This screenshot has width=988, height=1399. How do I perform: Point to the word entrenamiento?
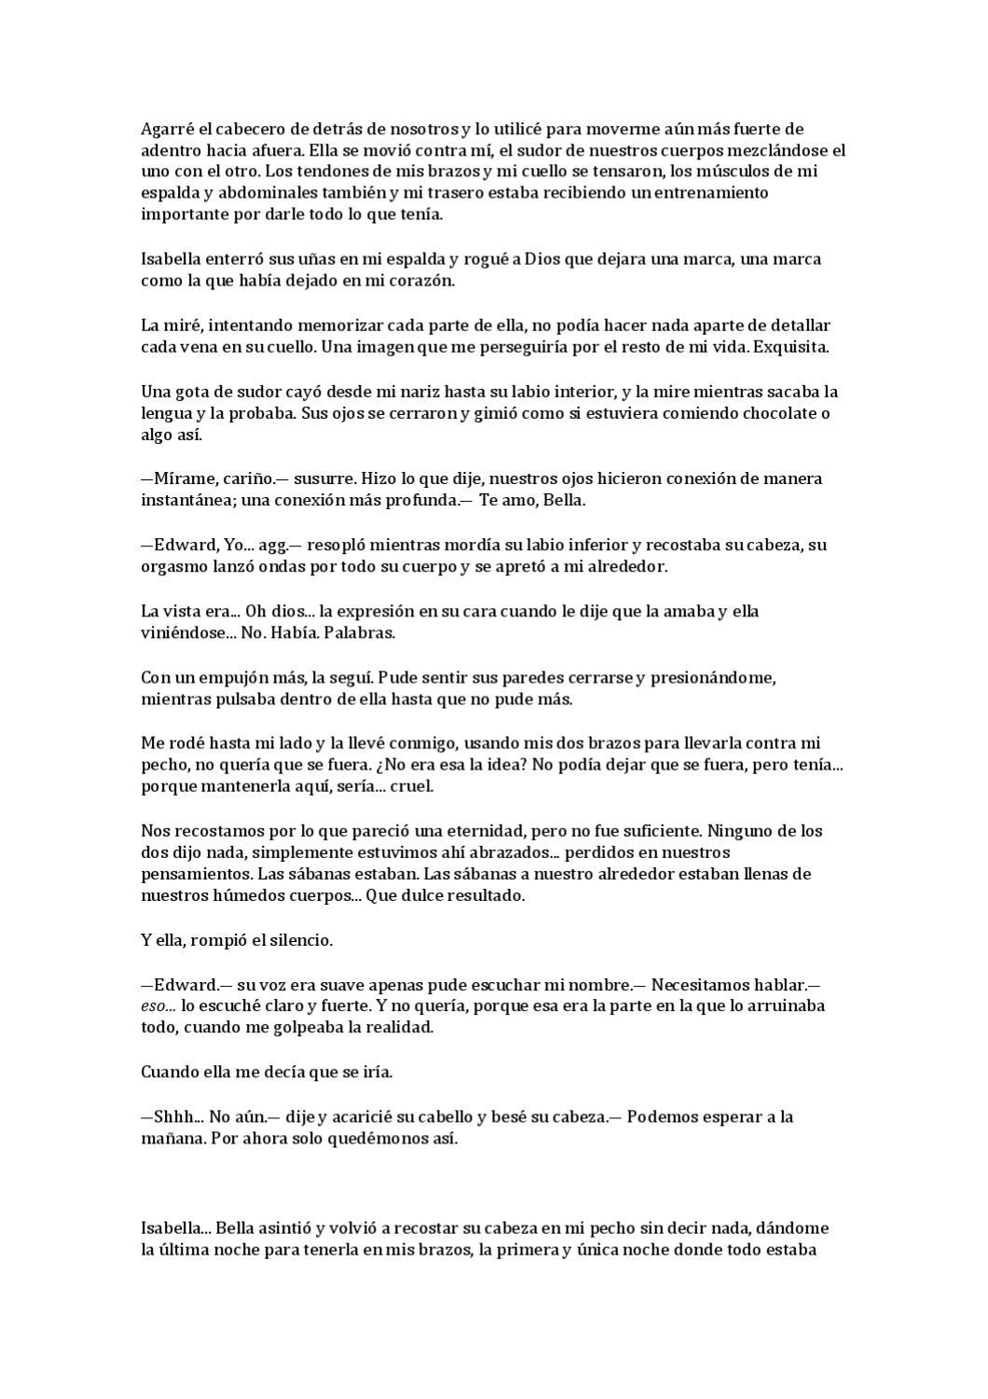[710, 193]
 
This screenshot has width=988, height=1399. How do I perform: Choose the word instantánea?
[181, 501]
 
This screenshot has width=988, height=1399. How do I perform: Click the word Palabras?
[362, 633]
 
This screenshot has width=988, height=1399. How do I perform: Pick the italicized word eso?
[155, 1007]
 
